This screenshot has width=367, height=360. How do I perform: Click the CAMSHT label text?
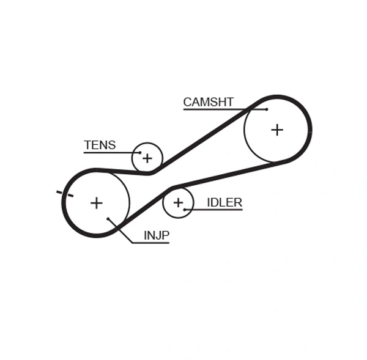[208, 102]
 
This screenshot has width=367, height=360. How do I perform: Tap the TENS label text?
[100, 145]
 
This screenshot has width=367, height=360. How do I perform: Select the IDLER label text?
[224, 202]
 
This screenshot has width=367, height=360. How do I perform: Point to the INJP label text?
[156, 235]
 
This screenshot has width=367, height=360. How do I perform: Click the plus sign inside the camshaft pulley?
[277, 130]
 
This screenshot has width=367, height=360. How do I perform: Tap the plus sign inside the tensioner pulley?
[147, 159]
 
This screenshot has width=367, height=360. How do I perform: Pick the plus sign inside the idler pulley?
[178, 202]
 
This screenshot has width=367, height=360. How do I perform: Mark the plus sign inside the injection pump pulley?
[96, 202]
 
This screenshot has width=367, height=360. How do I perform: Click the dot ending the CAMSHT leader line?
[267, 109]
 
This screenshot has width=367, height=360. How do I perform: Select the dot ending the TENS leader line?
[139, 152]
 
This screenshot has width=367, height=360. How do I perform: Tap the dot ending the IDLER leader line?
[184, 210]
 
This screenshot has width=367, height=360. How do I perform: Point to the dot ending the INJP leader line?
[108, 218]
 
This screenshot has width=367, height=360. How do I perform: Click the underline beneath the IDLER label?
[214, 210]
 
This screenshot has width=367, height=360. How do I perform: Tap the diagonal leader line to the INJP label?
[120, 230]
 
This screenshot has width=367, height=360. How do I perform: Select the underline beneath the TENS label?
[110, 152]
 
